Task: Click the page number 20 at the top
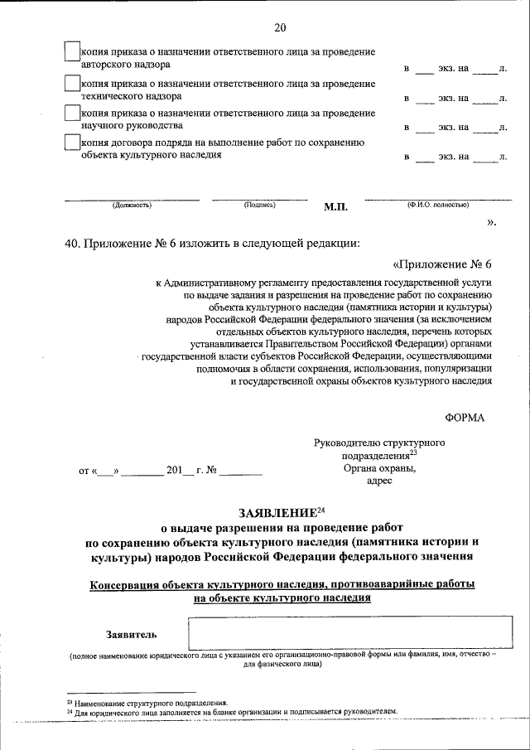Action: click(280, 27)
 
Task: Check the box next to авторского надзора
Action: click(72, 51)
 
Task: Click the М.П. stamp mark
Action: click(335, 207)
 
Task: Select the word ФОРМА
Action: click(465, 419)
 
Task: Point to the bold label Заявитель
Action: click(130, 635)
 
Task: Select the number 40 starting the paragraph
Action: click(70, 244)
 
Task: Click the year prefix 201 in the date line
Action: click(174, 470)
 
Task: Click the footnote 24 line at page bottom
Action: click(231, 712)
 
